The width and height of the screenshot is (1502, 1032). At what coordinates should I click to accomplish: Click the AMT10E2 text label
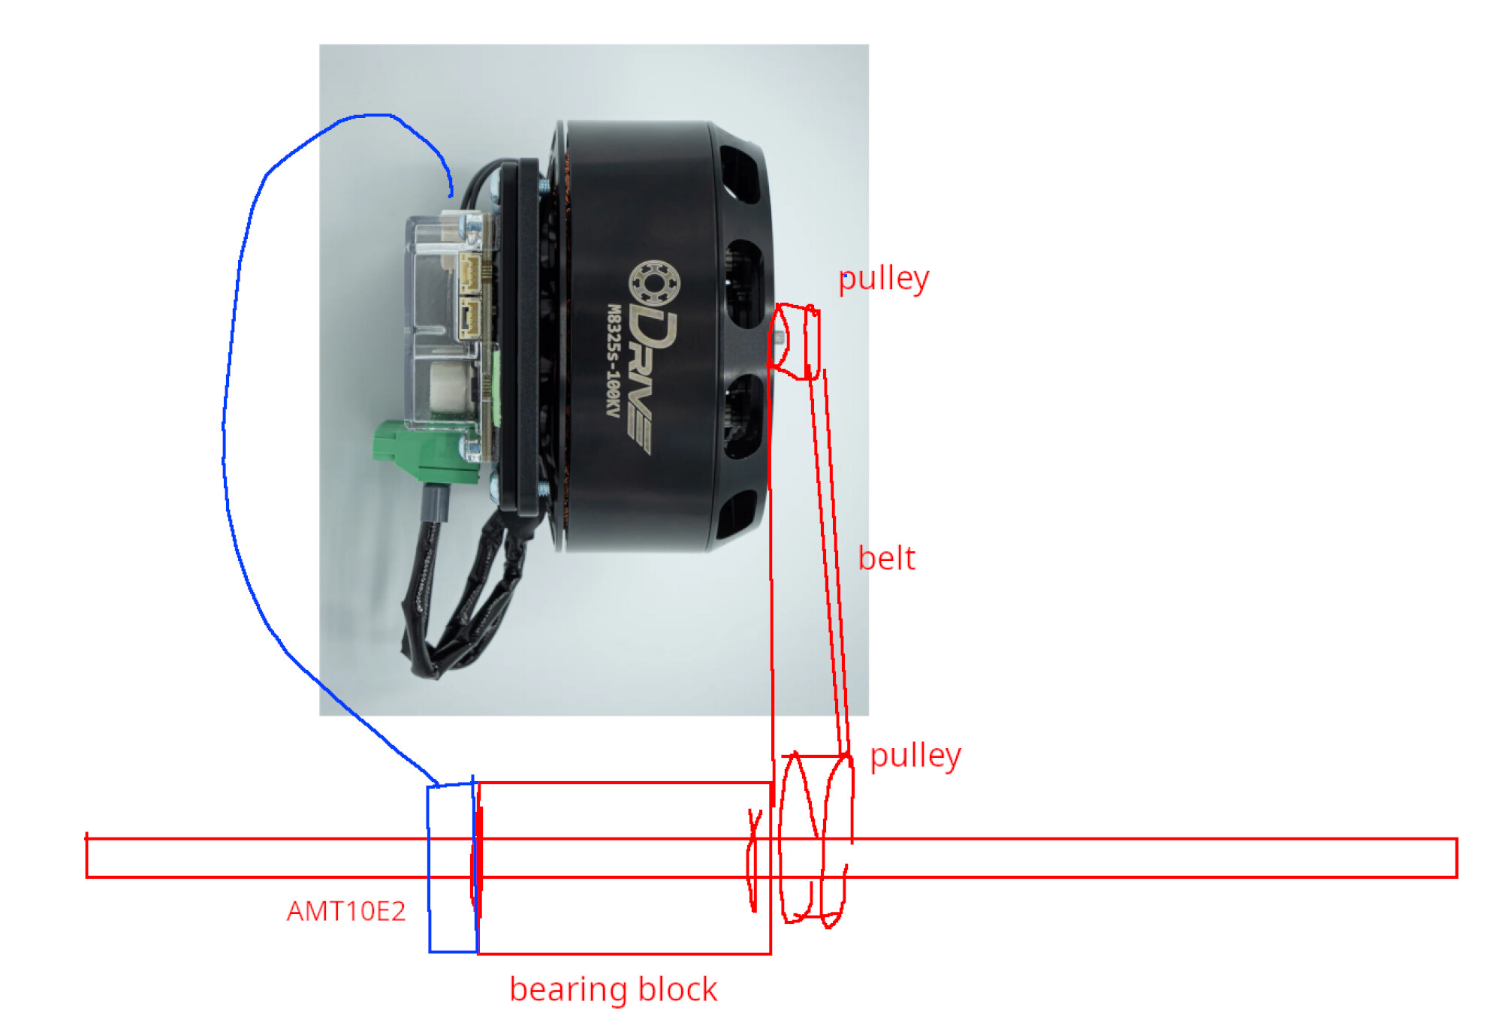coord(346,911)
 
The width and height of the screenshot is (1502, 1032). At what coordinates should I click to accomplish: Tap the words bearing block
coord(613,989)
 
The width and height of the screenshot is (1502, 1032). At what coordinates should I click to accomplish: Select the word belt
coord(886,558)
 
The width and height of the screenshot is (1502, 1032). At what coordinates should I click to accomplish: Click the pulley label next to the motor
coord(883,279)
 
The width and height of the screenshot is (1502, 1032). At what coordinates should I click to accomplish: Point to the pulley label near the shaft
coord(915,756)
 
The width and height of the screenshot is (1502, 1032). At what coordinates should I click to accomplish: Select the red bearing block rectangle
coord(624,783)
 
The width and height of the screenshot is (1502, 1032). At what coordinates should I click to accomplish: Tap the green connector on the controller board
coord(424,451)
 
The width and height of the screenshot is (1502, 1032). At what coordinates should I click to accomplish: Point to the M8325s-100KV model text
coord(614,361)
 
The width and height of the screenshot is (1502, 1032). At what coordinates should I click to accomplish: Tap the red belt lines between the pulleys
coord(830,563)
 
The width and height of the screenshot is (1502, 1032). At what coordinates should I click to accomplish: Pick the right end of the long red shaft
coord(1456,858)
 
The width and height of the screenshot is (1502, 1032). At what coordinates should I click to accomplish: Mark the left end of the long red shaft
coord(87,857)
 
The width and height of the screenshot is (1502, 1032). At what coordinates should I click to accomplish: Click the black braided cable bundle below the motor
coord(458,593)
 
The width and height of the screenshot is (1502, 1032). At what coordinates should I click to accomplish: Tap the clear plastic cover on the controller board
coord(443,323)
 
